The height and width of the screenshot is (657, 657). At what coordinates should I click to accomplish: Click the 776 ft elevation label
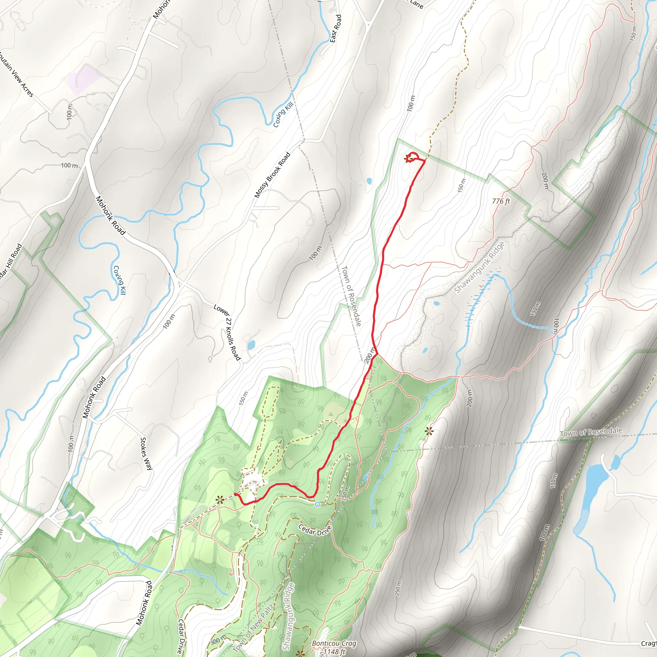[x=501, y=201]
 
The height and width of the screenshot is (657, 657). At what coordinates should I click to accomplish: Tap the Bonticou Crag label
[x=334, y=644]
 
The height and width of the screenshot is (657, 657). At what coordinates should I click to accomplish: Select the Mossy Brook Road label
[x=272, y=175]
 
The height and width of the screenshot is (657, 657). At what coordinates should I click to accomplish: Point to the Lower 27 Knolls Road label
[x=227, y=332]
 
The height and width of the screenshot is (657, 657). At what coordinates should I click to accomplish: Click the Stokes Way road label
[x=146, y=454]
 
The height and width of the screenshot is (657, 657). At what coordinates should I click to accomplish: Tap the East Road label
[x=336, y=29]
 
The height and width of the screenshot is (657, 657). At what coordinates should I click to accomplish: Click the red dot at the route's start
[x=236, y=494]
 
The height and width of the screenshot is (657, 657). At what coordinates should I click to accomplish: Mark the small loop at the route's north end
[x=412, y=157]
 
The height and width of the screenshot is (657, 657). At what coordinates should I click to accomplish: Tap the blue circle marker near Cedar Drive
[x=317, y=504]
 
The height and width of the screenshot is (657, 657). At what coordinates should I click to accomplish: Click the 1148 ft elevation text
[x=334, y=652]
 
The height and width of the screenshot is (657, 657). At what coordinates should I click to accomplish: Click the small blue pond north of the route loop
[x=369, y=181]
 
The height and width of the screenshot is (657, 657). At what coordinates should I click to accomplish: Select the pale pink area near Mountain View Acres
[x=83, y=79]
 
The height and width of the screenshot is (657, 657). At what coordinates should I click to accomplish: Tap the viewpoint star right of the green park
[x=429, y=431]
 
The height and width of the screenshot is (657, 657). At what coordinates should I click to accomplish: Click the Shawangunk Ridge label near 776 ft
[x=480, y=268]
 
